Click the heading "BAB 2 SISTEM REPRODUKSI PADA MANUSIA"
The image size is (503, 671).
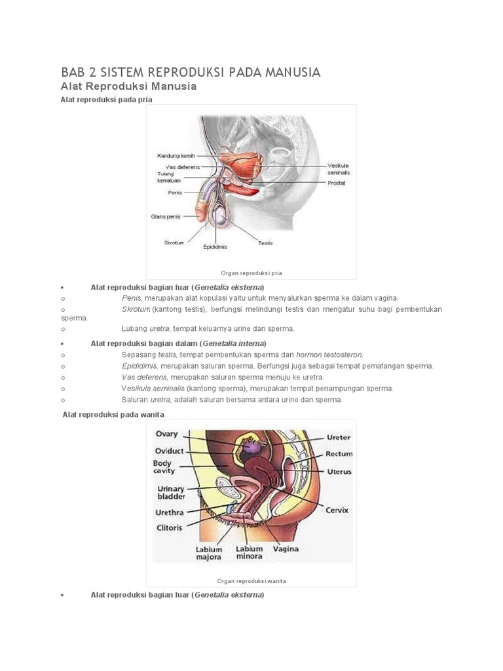[191, 72]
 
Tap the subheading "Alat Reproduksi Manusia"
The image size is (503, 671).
[128, 86]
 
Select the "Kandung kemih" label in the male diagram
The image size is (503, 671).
[176, 156]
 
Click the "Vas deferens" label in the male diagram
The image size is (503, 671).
[179, 167]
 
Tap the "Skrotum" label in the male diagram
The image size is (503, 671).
[175, 242]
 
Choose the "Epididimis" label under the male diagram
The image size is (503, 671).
[214, 248]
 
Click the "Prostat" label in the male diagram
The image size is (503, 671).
[337, 183]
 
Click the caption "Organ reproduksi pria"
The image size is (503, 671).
[251, 273]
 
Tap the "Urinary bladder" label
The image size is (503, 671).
[171, 493]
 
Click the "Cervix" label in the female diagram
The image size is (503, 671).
[337, 510]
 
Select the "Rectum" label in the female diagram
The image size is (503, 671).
[339, 454]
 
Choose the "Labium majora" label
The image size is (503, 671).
[209, 553]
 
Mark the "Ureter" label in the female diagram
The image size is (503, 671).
[339, 437]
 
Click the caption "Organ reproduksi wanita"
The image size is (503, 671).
[251, 581]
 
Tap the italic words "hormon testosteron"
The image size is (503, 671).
[329, 355]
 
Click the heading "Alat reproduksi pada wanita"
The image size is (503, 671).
[113, 415]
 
